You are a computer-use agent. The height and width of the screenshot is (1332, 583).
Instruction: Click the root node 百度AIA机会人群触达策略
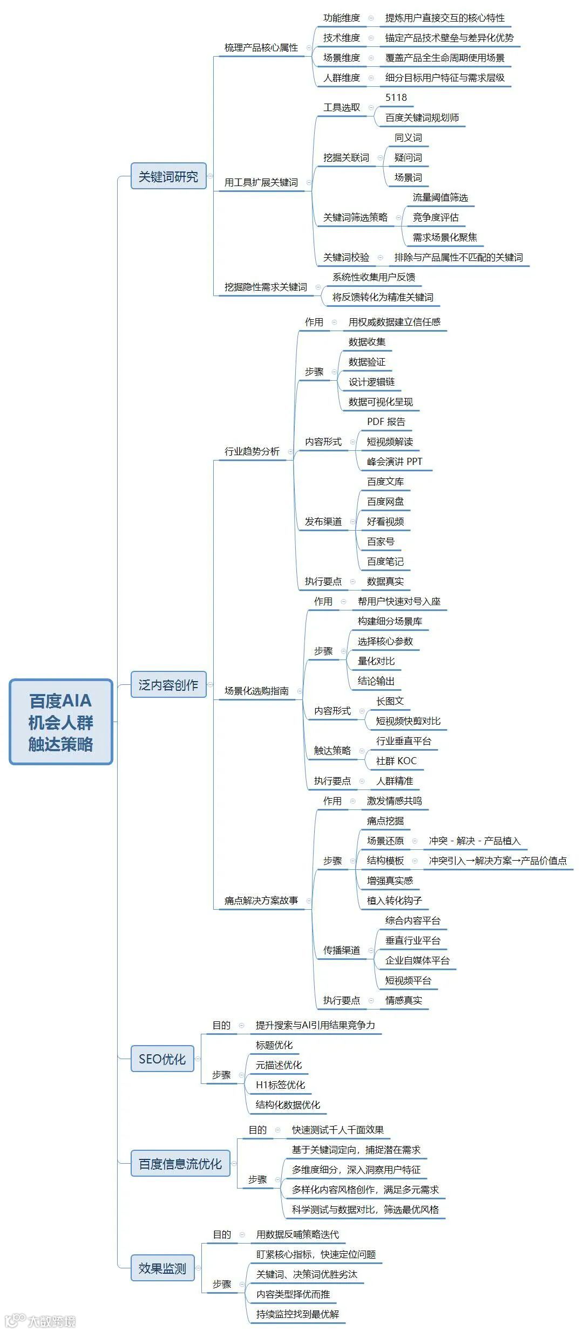point(61,722)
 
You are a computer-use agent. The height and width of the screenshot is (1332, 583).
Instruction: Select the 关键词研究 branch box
point(168,176)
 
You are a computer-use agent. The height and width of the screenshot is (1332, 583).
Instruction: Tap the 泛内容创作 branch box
point(168,685)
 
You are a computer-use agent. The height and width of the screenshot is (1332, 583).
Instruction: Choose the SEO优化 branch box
point(162,1059)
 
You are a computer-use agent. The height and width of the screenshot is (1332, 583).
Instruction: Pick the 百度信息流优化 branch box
point(180,1164)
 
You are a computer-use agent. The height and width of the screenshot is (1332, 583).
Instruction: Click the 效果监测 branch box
point(162,1268)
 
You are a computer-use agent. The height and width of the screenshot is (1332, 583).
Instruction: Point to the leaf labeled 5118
point(396,98)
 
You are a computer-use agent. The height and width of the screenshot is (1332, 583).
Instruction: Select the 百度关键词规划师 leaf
point(422,118)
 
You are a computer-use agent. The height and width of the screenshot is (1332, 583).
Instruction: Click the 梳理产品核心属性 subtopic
point(261,47)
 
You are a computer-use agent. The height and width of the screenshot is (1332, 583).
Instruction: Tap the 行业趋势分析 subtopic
point(252,451)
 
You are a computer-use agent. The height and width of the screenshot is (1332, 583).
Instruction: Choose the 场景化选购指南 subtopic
point(256,691)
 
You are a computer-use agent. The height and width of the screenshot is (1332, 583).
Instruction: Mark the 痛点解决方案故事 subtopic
point(261,901)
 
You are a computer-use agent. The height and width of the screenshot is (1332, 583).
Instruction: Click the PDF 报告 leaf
point(386,422)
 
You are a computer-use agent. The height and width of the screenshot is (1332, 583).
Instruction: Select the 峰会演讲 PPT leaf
point(395,462)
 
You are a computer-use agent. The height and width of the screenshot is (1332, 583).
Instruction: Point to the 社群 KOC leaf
point(396,761)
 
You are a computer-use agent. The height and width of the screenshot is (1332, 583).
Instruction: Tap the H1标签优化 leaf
point(280,1085)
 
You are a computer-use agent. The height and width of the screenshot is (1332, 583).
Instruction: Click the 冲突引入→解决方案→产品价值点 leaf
point(498,861)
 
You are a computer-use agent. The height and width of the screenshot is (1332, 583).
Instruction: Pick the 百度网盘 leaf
point(385,502)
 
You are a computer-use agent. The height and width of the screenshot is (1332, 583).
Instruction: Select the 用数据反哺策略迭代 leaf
point(297,1234)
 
